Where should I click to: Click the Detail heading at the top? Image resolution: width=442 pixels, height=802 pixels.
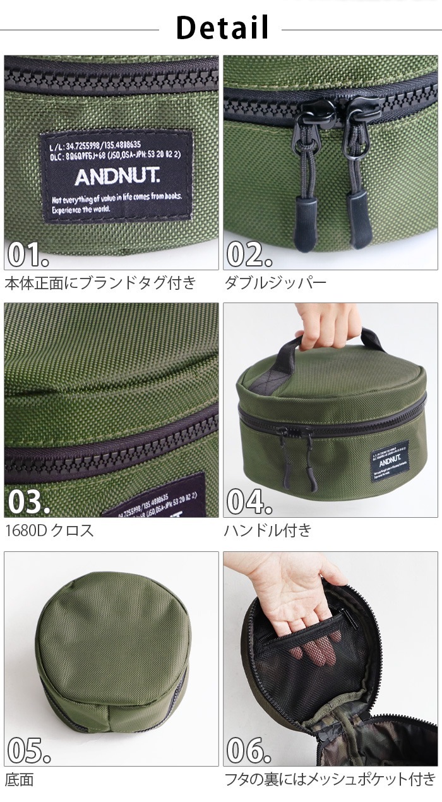[222, 28]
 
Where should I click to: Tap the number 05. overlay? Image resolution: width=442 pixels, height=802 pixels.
[28, 750]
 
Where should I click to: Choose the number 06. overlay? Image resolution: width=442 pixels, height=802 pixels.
[249, 750]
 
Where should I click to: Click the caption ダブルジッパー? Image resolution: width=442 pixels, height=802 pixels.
[275, 282]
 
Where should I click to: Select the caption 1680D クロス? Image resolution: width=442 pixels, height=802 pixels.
[49, 530]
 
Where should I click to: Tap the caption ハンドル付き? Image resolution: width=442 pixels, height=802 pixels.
[268, 530]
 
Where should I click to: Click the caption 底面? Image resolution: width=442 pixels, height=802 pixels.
[19, 779]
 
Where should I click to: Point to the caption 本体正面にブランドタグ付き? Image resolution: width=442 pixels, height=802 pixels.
[100, 282]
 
